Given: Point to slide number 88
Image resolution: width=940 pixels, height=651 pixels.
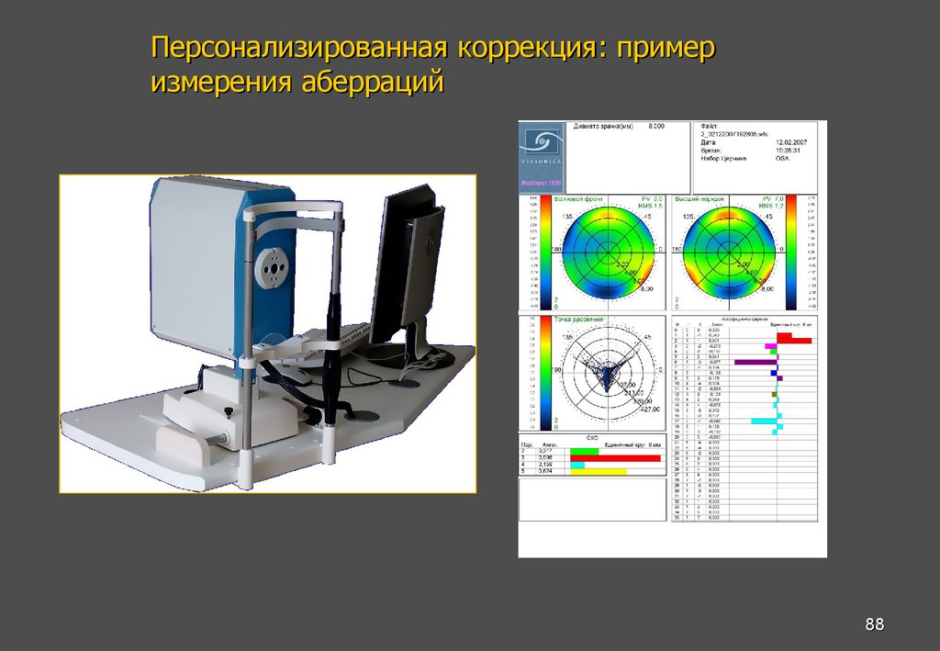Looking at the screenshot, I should coord(874,625).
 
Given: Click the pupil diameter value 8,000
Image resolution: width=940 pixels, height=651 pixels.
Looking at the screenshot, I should coord(656,125).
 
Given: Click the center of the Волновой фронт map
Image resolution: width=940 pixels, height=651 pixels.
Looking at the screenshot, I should coord(607,249).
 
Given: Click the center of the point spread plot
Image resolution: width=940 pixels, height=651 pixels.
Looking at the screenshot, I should coord(607,374).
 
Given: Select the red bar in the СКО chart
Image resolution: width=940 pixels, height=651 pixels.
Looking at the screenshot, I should coord(615,457).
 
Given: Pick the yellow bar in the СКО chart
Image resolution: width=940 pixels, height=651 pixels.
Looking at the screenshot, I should coord(599,472).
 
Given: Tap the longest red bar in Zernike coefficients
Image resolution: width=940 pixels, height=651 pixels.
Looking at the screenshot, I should coord(794,341).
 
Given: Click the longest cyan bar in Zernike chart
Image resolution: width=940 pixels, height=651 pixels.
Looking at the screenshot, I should coord(764,421).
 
